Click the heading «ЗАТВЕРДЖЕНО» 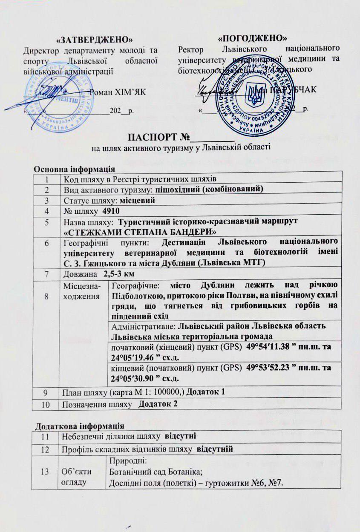94,40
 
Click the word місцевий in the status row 139,200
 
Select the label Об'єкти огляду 82,478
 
